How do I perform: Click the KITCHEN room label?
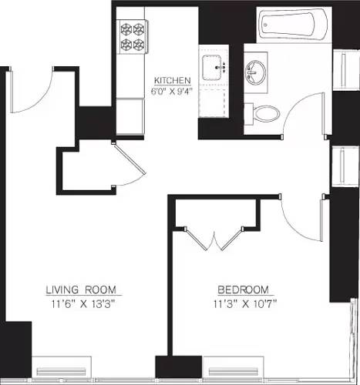click(172, 80)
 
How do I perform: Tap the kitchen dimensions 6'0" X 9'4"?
click(172, 91)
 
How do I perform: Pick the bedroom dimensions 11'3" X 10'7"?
click(244, 303)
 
